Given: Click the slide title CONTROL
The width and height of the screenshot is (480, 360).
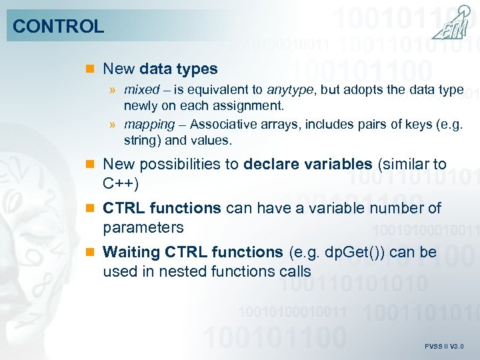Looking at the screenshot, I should coord(59,27).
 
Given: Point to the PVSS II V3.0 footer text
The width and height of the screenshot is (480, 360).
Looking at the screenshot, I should coord(443,347).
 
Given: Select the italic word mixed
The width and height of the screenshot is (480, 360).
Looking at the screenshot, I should coord(141,90).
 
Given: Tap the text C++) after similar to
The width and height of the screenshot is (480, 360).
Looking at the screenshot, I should coord(120,183).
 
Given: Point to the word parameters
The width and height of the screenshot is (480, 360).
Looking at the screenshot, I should coord(143,227).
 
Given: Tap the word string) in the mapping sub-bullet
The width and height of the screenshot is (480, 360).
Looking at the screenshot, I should coord(142,141).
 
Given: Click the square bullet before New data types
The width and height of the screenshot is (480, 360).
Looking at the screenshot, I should coord(91,69).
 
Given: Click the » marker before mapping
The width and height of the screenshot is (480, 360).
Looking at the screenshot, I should coord(114,125).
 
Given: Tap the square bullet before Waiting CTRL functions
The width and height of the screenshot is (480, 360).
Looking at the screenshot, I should coord(91,253).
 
